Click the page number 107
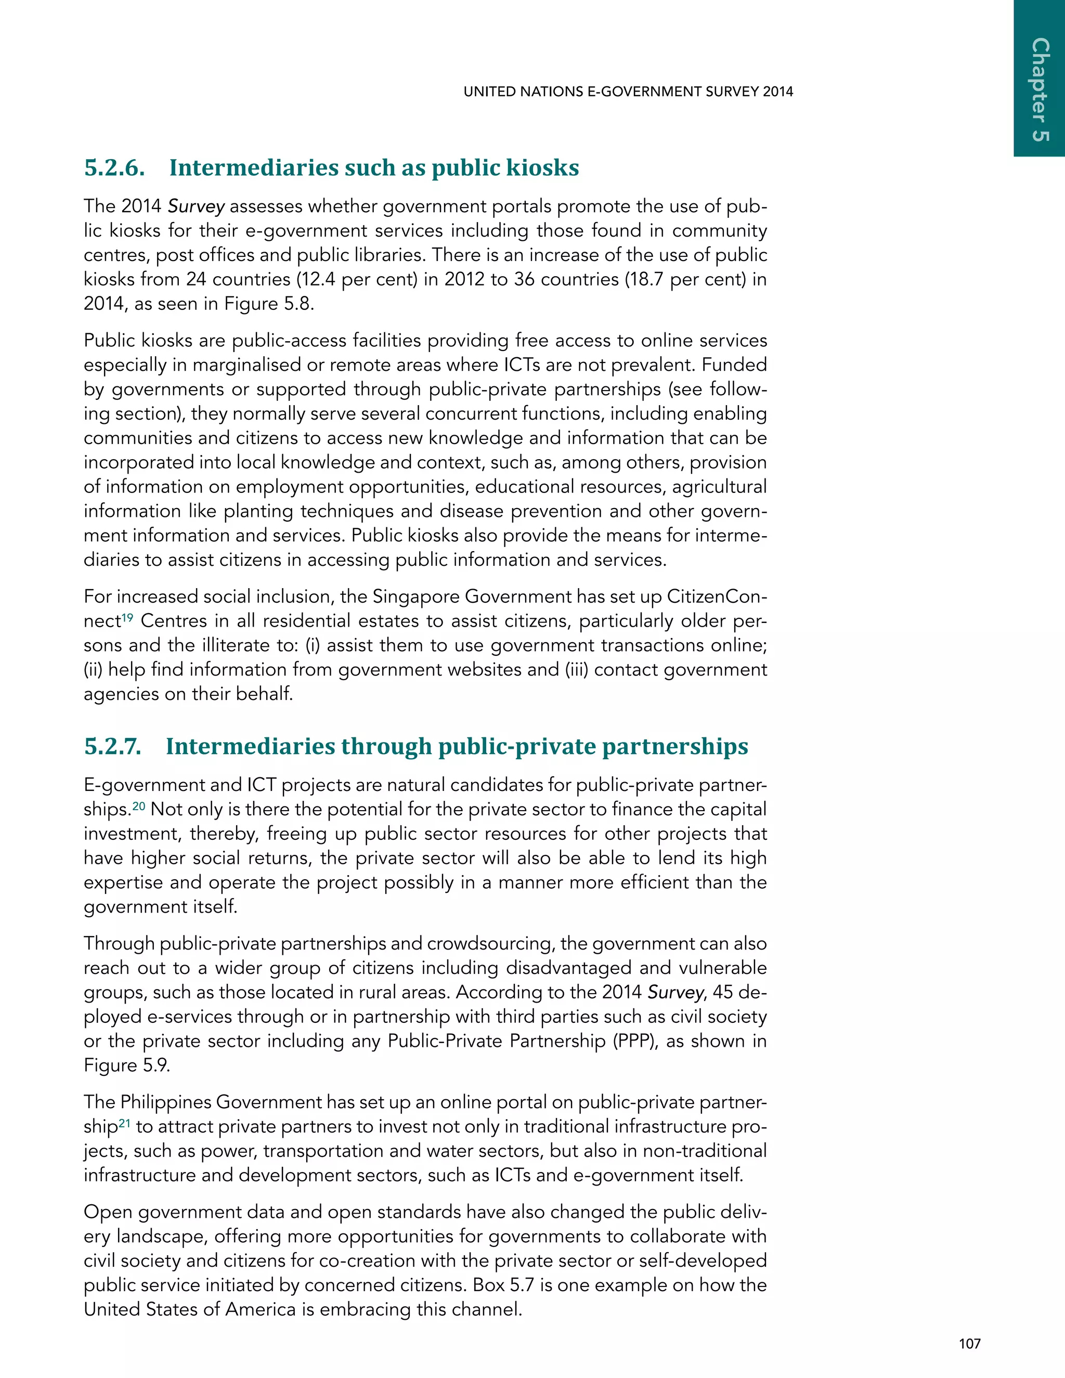[969, 1344]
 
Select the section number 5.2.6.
[114, 168]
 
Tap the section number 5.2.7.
[113, 746]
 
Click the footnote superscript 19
[127, 618]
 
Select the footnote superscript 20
[138, 805]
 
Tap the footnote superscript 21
[124, 1123]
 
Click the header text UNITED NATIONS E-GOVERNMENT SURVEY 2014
[628, 92]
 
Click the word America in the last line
[261, 1310]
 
